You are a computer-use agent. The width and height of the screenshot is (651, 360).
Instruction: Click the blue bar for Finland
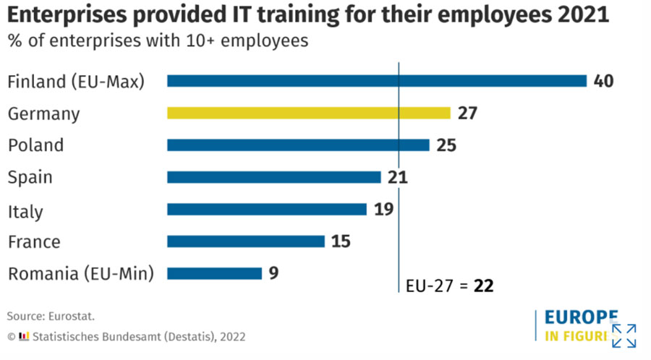pos(376,81)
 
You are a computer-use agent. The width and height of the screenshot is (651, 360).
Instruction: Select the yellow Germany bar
pos(309,113)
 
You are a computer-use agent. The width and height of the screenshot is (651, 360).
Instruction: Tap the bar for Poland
pos(298,145)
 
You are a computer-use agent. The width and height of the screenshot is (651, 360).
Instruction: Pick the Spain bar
pos(273,177)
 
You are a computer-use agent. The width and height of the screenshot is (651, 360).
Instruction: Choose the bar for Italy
pos(266,209)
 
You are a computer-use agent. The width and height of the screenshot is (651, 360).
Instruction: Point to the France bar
pos(245,241)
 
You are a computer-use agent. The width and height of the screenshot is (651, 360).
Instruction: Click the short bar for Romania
pos(214,273)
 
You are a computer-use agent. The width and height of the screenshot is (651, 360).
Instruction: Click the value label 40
pos(603,81)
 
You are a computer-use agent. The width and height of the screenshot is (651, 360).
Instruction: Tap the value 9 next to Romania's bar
pos(273,273)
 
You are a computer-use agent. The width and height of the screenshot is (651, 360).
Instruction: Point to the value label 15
pos(341,241)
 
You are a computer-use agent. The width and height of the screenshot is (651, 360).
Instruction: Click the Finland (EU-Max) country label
pos(76,82)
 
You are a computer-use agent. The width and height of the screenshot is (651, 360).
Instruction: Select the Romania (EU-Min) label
pos(80,274)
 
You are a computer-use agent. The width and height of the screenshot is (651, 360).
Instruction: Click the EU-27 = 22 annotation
pos(449,285)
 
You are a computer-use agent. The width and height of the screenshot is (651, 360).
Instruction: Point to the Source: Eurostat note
pos(51,316)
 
